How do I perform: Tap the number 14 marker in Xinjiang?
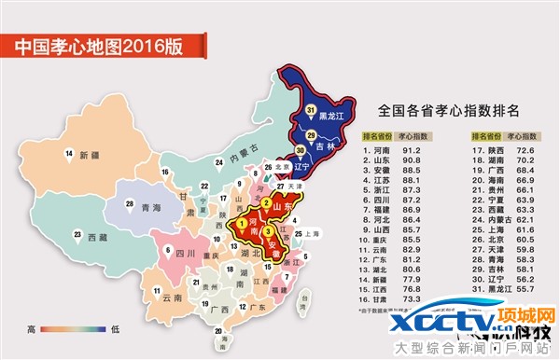tap(68, 154)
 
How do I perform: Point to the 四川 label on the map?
tap(186, 252)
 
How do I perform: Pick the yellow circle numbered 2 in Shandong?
tap(267, 203)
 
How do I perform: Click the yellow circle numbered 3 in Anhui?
tap(268, 231)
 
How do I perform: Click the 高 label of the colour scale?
tap(31, 328)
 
